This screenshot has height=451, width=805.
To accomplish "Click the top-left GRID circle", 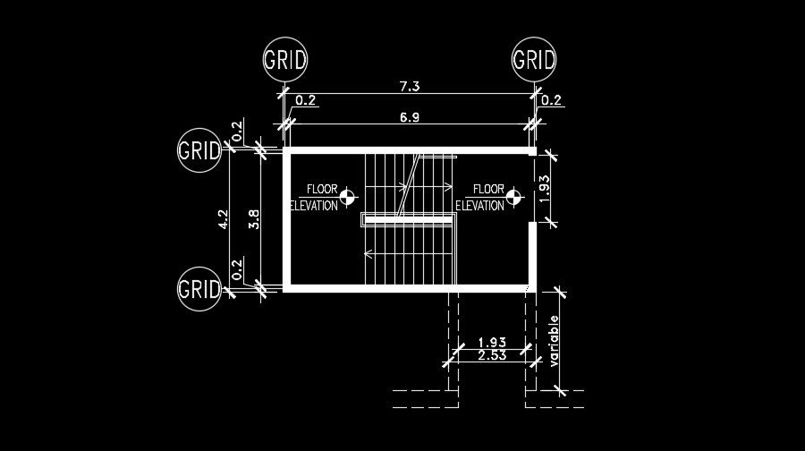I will (x=285, y=60).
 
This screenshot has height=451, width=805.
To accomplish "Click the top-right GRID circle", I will (x=534, y=60).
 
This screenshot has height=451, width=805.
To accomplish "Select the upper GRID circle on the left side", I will (x=199, y=149).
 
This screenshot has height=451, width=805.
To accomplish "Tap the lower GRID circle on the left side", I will (x=199, y=289).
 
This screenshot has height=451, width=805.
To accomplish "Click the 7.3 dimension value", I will (x=410, y=85).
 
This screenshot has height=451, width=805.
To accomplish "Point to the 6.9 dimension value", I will (x=410, y=117).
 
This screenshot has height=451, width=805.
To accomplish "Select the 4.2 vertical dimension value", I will (x=224, y=219).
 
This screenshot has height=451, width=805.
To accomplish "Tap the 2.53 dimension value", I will (x=493, y=356).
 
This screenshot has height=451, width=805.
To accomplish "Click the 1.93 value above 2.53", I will (x=493, y=342).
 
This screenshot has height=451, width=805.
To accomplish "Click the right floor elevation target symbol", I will (x=513, y=197).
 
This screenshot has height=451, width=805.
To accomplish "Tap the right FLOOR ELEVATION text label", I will (x=481, y=197).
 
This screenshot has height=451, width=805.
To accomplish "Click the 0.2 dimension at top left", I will (x=305, y=100).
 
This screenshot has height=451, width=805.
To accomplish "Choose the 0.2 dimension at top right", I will (x=551, y=100).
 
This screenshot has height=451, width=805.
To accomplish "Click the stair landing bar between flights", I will (x=407, y=219).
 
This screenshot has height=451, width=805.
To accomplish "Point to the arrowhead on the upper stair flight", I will (x=449, y=188).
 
